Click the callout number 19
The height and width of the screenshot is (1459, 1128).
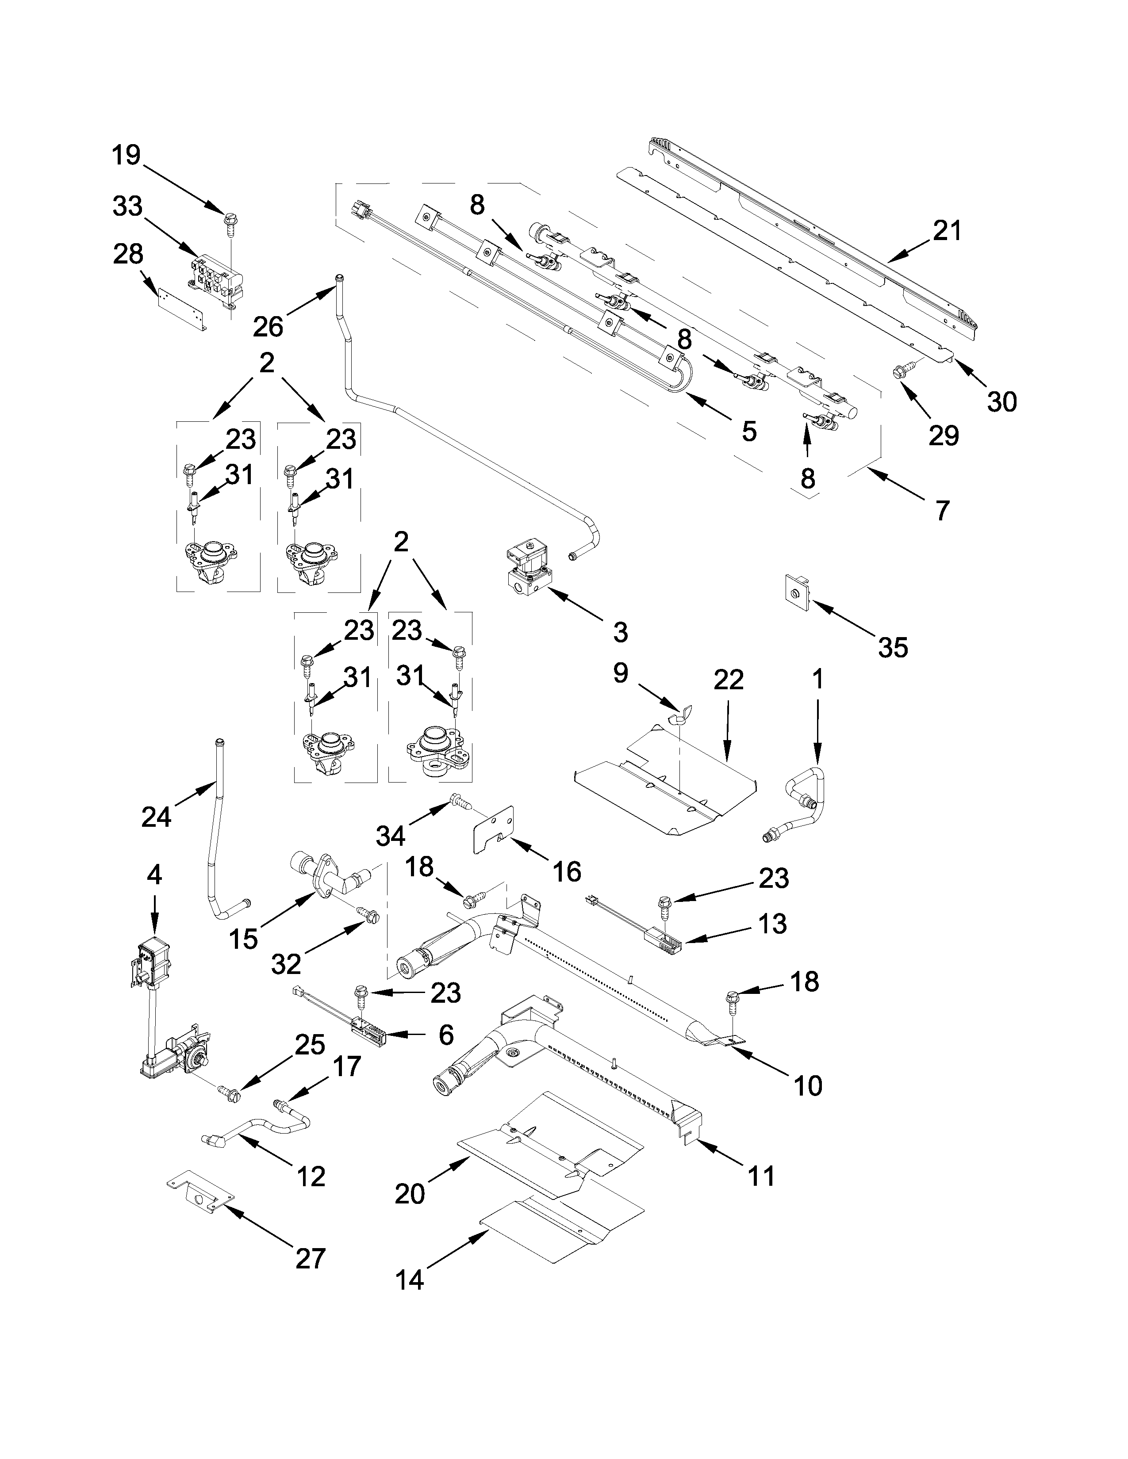(126, 155)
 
